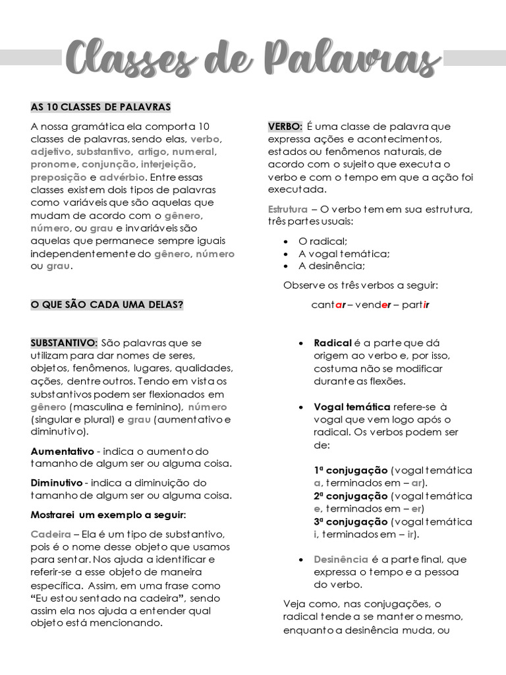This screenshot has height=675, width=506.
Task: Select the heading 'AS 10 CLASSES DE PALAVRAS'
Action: [x=101, y=107]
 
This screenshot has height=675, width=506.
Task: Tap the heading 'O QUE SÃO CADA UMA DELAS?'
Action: [x=107, y=305]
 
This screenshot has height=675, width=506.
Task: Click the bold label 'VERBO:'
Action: [x=285, y=126]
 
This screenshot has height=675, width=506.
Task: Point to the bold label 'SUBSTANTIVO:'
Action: [x=64, y=343]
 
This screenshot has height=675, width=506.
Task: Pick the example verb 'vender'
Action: [x=373, y=305]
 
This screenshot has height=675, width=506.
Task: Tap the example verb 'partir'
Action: [x=415, y=305]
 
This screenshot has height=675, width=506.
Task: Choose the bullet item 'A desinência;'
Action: [x=331, y=266]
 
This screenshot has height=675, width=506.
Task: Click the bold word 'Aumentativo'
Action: [x=63, y=452]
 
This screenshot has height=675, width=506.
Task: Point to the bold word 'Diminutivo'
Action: [x=57, y=483]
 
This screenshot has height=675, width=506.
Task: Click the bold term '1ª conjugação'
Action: [x=351, y=470]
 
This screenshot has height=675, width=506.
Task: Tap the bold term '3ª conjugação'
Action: [x=351, y=521]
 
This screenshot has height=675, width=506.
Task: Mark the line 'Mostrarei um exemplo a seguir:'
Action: [x=108, y=514]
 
